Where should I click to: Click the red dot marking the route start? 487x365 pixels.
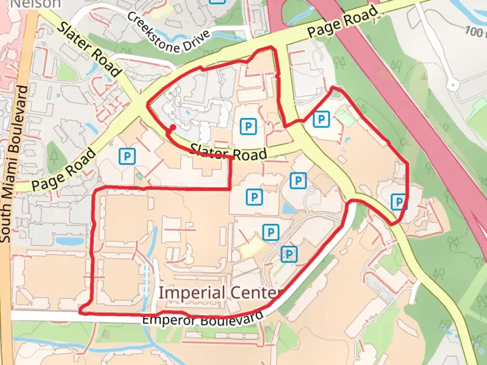point(172,127)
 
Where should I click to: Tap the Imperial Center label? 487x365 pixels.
point(220,293)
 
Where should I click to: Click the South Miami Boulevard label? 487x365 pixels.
point(14,164)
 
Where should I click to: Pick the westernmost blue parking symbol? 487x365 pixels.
point(127,156)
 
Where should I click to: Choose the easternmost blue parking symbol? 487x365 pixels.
point(399,202)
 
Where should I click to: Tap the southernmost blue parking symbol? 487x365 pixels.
point(289,254)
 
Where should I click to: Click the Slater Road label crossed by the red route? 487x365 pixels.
point(228,153)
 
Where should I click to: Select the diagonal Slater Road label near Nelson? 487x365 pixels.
point(89,49)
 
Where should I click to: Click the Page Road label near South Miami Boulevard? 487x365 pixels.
point(64,170)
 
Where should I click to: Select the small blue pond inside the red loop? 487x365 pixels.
point(288,208)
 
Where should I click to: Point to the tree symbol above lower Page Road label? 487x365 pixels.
point(54,156)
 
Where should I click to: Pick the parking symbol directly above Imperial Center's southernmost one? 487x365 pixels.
point(271,232)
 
